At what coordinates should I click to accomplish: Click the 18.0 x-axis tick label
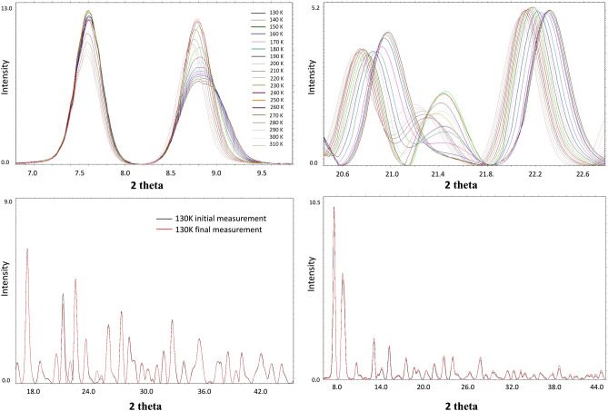(x=35, y=391)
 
